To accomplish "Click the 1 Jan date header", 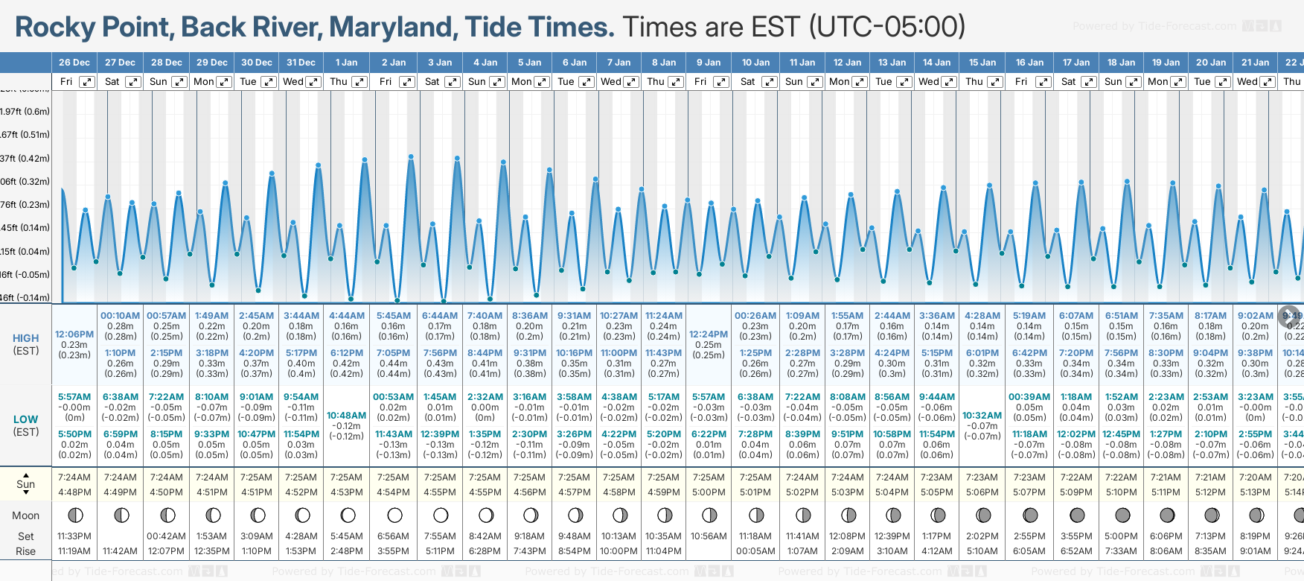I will pyautogui.click(x=346, y=63).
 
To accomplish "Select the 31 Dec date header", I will pyautogui.click(x=301, y=63).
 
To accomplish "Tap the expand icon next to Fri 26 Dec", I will pyautogui.click(x=87, y=82).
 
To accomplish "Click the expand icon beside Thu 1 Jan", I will pyautogui.click(x=359, y=82).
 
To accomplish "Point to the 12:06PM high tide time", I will pyautogui.click(x=74, y=334).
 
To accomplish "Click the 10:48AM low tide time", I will pyautogui.click(x=347, y=416).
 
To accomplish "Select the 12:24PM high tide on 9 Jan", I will pyautogui.click(x=709, y=334).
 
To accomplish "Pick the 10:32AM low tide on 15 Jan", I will pyautogui.click(x=982, y=416).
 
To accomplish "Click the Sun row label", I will pyautogui.click(x=26, y=484).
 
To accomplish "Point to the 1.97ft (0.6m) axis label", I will pyautogui.click(x=25, y=112).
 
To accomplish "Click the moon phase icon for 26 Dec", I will pyautogui.click(x=75, y=515).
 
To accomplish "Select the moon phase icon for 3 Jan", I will pyautogui.click(x=441, y=515).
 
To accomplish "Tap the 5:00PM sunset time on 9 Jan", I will pyautogui.click(x=709, y=492).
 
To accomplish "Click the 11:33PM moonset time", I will pyautogui.click(x=74, y=536).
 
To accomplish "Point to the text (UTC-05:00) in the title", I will pyautogui.click(x=888, y=28).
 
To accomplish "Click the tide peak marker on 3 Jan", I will pyautogui.click(x=458, y=158).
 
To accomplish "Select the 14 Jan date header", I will pyautogui.click(x=937, y=63).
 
